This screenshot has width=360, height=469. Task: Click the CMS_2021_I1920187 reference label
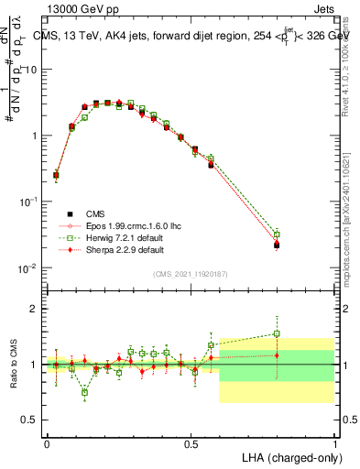click(190, 273)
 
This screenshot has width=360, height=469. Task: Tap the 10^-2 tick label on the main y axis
click(27, 267)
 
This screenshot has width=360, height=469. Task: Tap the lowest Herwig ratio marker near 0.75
click(85, 392)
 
